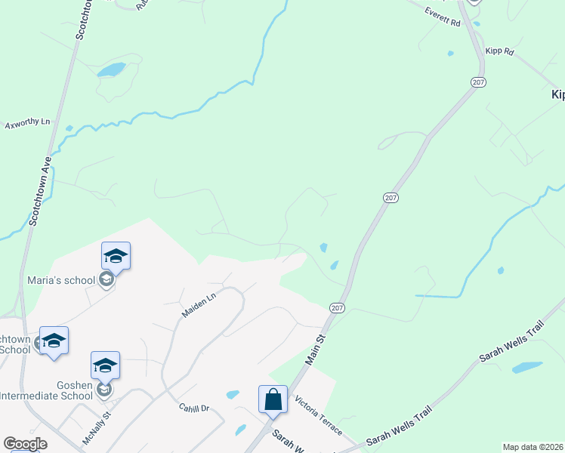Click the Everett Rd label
[443, 17]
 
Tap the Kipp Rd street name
[500, 52]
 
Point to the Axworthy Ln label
[27, 122]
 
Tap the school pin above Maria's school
[116, 255]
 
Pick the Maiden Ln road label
[199, 304]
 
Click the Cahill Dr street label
[193, 408]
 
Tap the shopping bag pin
[273, 399]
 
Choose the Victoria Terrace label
[319, 416]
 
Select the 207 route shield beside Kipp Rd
[477, 82]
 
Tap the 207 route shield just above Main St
[337, 307]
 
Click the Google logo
[25, 444]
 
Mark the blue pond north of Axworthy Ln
[111, 70]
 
